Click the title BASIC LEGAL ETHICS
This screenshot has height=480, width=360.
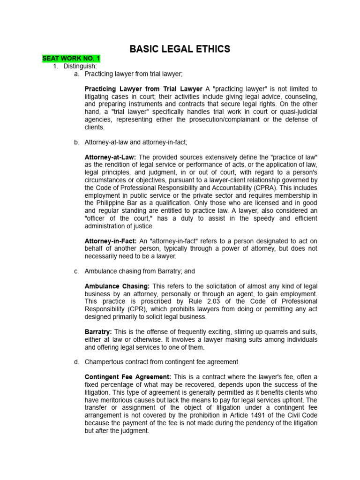(180, 49)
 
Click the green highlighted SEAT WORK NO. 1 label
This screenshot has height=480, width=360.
(71, 59)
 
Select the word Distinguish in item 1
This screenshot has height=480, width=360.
(80, 67)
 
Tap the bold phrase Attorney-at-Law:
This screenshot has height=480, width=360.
(110, 157)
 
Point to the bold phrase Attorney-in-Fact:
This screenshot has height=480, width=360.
(111, 241)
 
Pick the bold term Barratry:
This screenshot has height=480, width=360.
(98, 332)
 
